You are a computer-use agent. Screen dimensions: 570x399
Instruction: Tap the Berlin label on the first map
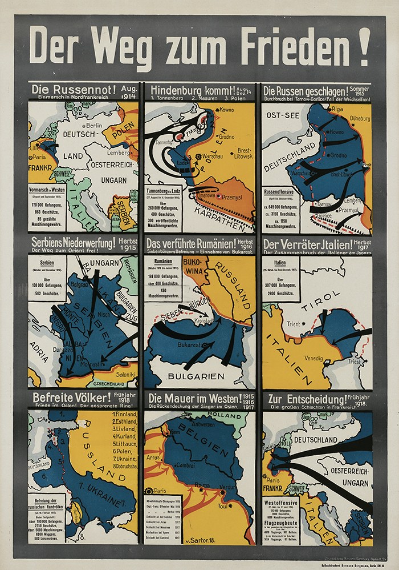coord(94,125)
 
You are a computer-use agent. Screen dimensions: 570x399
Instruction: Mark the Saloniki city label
coord(124,373)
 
